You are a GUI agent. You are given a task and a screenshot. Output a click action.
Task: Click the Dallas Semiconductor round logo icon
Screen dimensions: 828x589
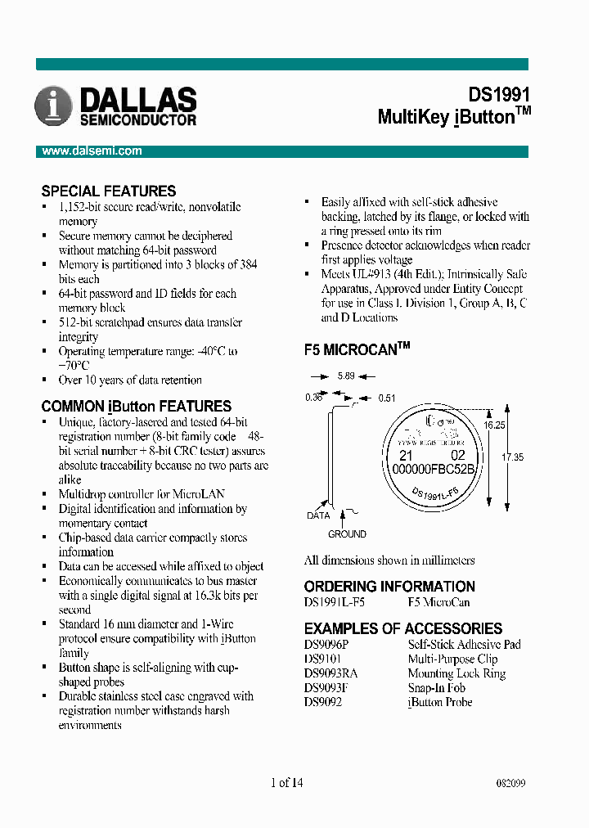click(x=54, y=107)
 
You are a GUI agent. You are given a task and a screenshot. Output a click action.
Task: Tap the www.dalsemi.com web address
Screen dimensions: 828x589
click(x=92, y=151)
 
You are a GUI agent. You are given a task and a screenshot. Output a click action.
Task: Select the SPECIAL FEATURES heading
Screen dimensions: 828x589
click(x=108, y=191)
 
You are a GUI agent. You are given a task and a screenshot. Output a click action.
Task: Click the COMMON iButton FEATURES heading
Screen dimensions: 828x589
click(x=136, y=406)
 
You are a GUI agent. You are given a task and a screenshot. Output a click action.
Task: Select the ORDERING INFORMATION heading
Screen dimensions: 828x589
click(x=389, y=586)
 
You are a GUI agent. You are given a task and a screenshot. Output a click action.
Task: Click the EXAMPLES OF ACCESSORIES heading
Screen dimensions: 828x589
click(x=402, y=628)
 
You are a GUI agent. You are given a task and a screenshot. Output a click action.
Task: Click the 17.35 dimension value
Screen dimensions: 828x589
click(x=512, y=457)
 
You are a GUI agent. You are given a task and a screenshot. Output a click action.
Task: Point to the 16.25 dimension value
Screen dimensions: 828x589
click(x=494, y=426)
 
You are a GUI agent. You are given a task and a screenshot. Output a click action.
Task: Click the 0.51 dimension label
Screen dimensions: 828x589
click(x=387, y=398)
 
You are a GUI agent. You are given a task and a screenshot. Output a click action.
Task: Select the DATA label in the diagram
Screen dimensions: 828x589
click(x=318, y=515)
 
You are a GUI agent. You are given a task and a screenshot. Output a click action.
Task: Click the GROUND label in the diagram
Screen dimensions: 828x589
click(x=347, y=534)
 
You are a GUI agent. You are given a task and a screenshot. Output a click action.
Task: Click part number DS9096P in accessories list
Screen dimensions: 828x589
click(x=325, y=645)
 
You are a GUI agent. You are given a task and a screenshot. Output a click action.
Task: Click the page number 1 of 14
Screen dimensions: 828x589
click(x=286, y=782)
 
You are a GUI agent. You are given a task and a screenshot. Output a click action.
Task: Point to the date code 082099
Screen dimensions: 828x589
click(x=510, y=783)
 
